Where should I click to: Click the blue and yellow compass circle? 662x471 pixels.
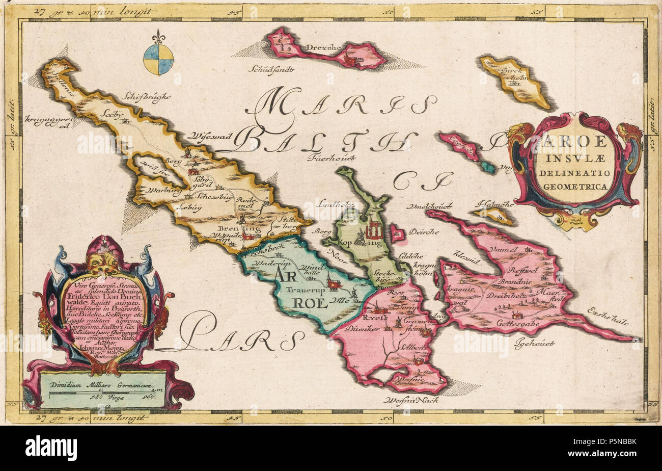[x=158, y=59]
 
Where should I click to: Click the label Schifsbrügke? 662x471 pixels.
[x=146, y=95]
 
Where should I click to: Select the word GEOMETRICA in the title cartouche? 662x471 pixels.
[x=575, y=186]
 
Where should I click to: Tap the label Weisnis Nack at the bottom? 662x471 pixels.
[x=412, y=400]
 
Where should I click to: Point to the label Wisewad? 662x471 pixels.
[x=210, y=136]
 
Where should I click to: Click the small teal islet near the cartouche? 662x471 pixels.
[x=488, y=167]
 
